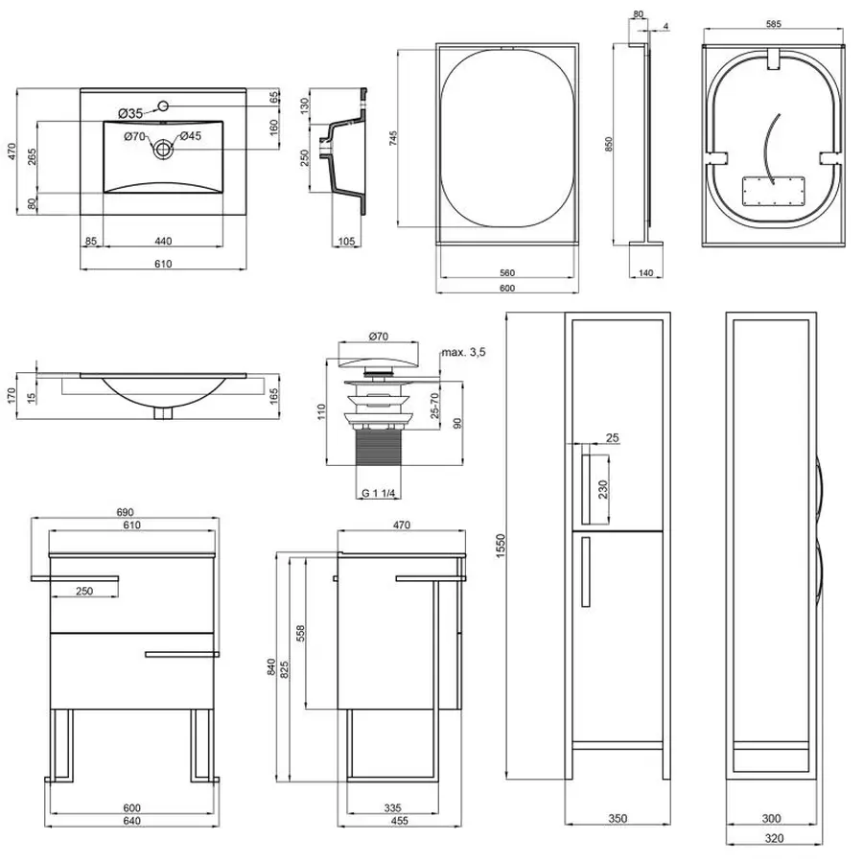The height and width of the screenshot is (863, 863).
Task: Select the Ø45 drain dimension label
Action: coord(189,136)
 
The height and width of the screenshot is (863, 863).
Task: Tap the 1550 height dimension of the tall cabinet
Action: coord(500,548)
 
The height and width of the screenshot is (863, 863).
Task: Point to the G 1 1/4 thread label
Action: coord(381,494)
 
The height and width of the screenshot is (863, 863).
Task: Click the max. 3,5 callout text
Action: coord(463,353)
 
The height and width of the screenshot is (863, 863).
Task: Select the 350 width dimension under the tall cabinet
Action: coord(618,818)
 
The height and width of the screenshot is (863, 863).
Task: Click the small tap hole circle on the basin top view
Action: coord(164,105)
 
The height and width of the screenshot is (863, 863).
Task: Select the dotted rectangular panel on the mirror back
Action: coord(773,189)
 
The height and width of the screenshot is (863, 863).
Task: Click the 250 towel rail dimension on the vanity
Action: coord(84,591)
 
